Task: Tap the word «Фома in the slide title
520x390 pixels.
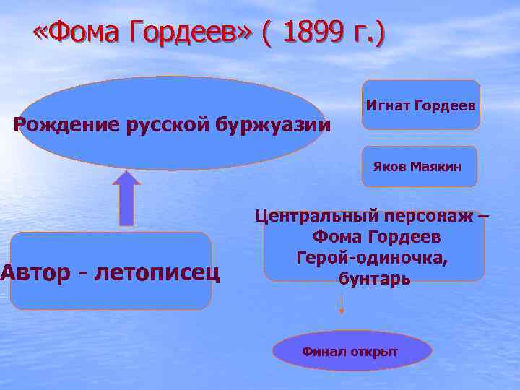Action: coord(71,32)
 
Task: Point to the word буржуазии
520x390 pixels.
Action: coord(272,126)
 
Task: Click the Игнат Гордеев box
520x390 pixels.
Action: coord(420,105)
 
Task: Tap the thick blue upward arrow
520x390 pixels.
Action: coord(127,198)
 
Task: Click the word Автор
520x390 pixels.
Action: coord(35,272)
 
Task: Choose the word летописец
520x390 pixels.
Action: coord(160,272)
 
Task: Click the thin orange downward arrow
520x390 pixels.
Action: coord(342,303)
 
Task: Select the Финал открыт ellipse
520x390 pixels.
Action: coord(351,351)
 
